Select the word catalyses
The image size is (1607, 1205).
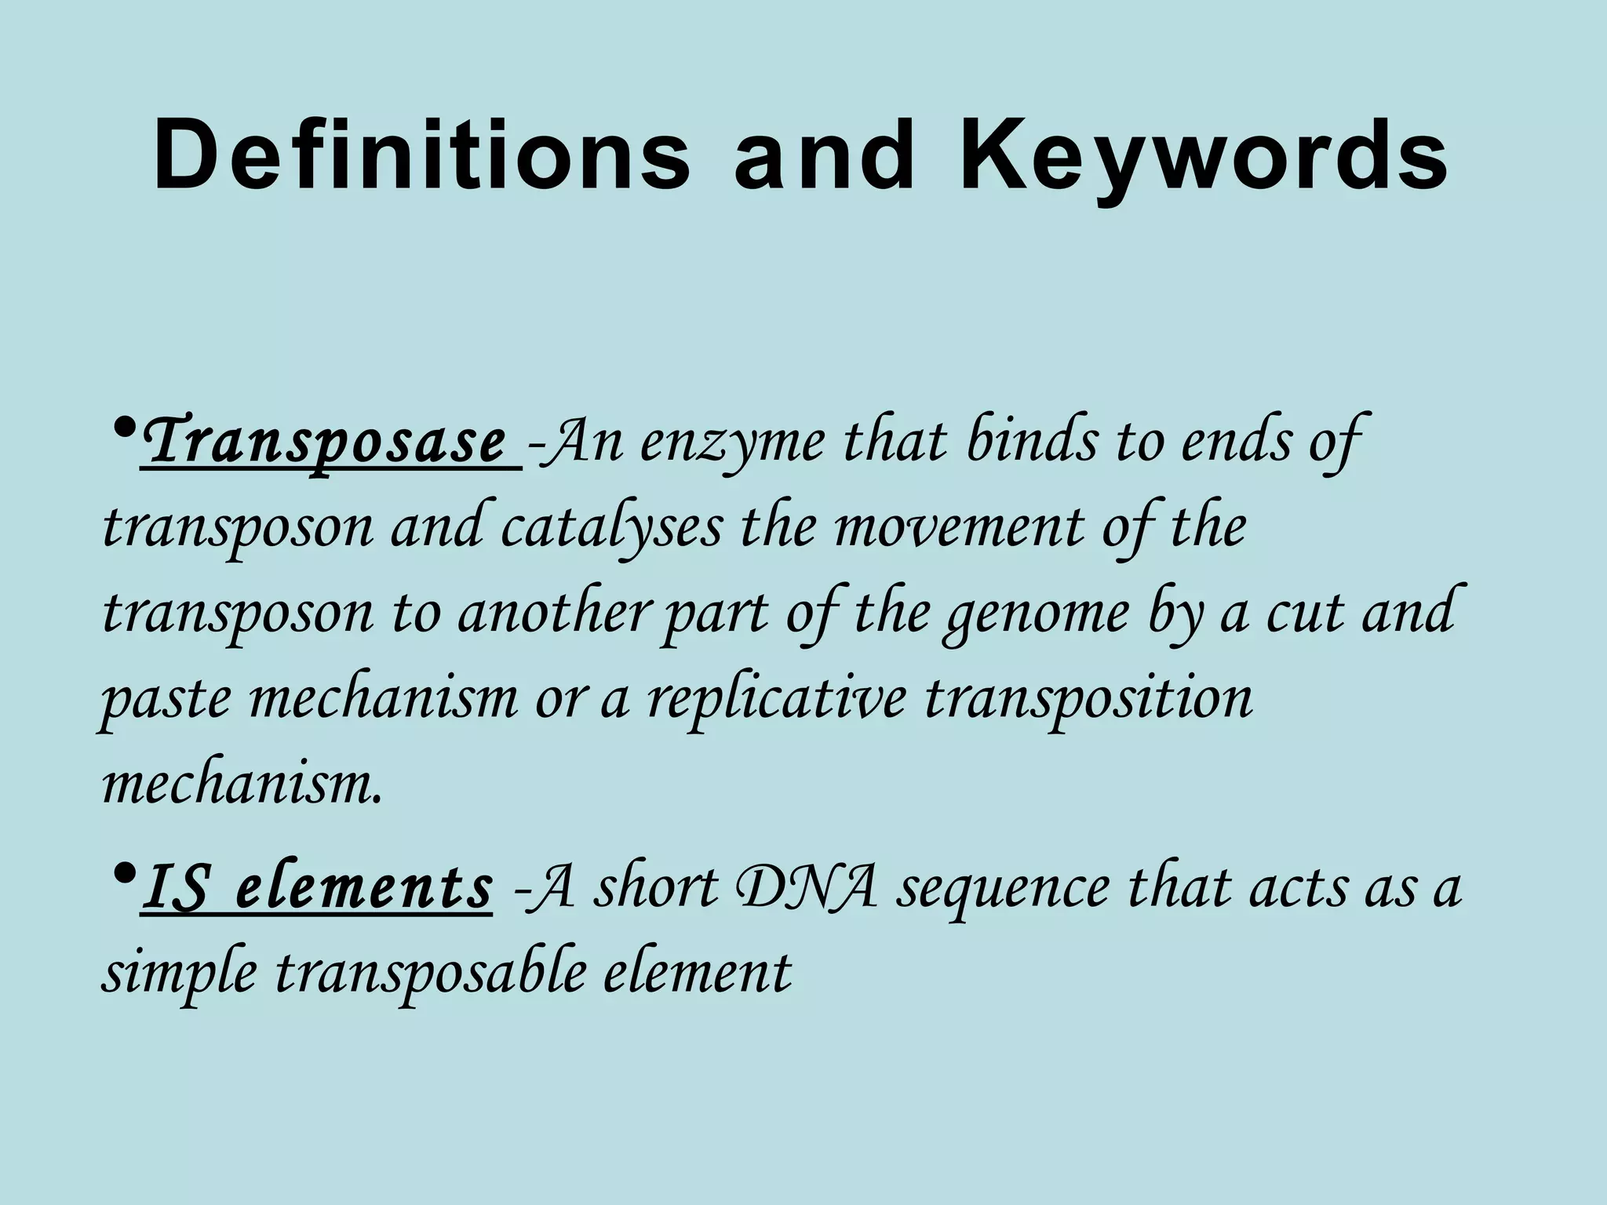[x=610, y=529]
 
